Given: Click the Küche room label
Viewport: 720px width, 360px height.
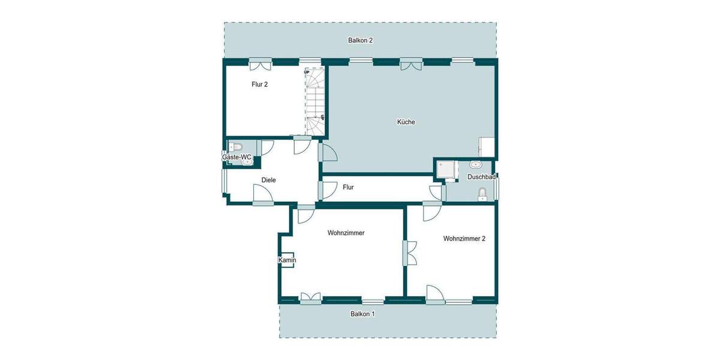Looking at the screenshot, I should point(406,122).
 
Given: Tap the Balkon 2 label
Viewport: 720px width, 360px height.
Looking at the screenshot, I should point(361,41).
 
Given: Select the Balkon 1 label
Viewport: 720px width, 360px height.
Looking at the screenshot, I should point(362,314).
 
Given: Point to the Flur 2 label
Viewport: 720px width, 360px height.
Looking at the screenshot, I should point(259,85).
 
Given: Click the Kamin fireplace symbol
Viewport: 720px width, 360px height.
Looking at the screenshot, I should point(287,260).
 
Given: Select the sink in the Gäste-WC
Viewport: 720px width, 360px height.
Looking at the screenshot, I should point(247,161).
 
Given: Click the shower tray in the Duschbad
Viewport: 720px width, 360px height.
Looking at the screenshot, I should point(445,170).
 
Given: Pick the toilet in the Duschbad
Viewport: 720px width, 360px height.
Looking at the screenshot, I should point(482,193).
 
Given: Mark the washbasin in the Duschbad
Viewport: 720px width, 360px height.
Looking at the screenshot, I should point(477,164).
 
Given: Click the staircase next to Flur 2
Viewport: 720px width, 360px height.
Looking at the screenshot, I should point(316,101).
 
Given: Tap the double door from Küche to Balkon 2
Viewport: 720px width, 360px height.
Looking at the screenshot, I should point(411,63).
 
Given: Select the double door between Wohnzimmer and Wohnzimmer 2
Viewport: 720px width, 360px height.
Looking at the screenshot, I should point(410,253).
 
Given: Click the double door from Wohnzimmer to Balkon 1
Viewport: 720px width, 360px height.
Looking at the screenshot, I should point(311,297).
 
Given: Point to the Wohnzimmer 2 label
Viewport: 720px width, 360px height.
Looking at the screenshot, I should point(464,238).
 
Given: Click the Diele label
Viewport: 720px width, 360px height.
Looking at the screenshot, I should point(268,179).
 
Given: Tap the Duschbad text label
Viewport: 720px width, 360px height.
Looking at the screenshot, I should point(481,177).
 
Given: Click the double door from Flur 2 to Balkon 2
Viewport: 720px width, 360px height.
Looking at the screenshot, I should point(260,63).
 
